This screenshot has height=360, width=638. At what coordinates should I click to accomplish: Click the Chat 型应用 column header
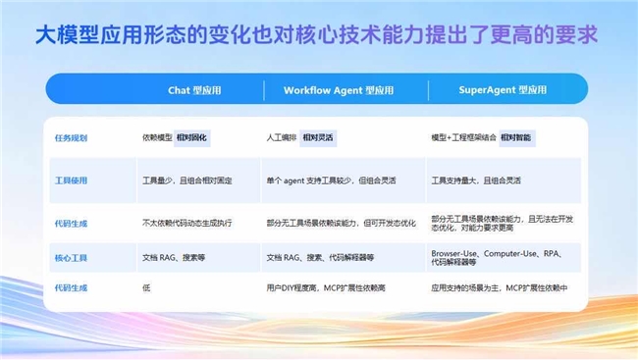(194, 90)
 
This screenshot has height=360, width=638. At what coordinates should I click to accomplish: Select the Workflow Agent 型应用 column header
(338, 90)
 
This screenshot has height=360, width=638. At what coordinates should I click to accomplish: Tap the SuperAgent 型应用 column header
(503, 90)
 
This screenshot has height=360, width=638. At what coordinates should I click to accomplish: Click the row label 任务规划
(71, 138)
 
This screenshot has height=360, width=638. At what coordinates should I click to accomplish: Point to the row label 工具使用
(71, 180)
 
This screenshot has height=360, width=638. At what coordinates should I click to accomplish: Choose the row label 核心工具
(71, 257)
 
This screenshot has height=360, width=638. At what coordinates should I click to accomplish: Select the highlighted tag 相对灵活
(318, 138)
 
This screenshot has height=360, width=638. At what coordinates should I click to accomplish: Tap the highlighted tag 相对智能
(517, 138)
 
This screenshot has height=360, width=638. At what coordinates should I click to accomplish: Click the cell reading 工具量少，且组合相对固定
(187, 180)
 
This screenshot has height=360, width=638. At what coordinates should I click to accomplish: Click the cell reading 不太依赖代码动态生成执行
(186, 223)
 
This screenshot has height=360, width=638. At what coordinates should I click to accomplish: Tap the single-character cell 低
(146, 287)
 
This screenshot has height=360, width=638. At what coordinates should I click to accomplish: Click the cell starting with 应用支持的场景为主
(499, 287)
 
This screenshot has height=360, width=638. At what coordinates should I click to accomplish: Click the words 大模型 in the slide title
(60, 36)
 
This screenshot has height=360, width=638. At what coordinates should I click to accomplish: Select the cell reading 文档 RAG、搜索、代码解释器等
(319, 257)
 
